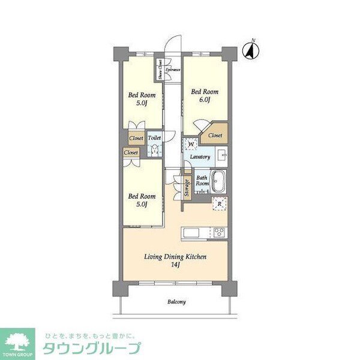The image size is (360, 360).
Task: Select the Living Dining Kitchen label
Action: tap(175, 260)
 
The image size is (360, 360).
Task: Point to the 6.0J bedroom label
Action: tap(205, 95)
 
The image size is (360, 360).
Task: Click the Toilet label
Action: tap(154, 137)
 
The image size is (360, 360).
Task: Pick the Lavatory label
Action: tap(200, 157)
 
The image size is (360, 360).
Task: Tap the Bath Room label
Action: tap(202, 181)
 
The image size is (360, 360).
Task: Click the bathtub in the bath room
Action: tap(219, 180)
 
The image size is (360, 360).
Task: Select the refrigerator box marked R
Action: tap(220, 203)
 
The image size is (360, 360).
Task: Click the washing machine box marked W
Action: tap(191, 144)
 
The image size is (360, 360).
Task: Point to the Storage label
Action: tap(187, 188)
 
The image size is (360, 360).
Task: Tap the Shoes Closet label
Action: tap(160, 70)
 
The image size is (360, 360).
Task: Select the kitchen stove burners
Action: tap(218, 232)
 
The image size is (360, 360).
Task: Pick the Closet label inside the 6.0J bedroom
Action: tap(215, 136)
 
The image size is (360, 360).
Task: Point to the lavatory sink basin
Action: tap(221, 157)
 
